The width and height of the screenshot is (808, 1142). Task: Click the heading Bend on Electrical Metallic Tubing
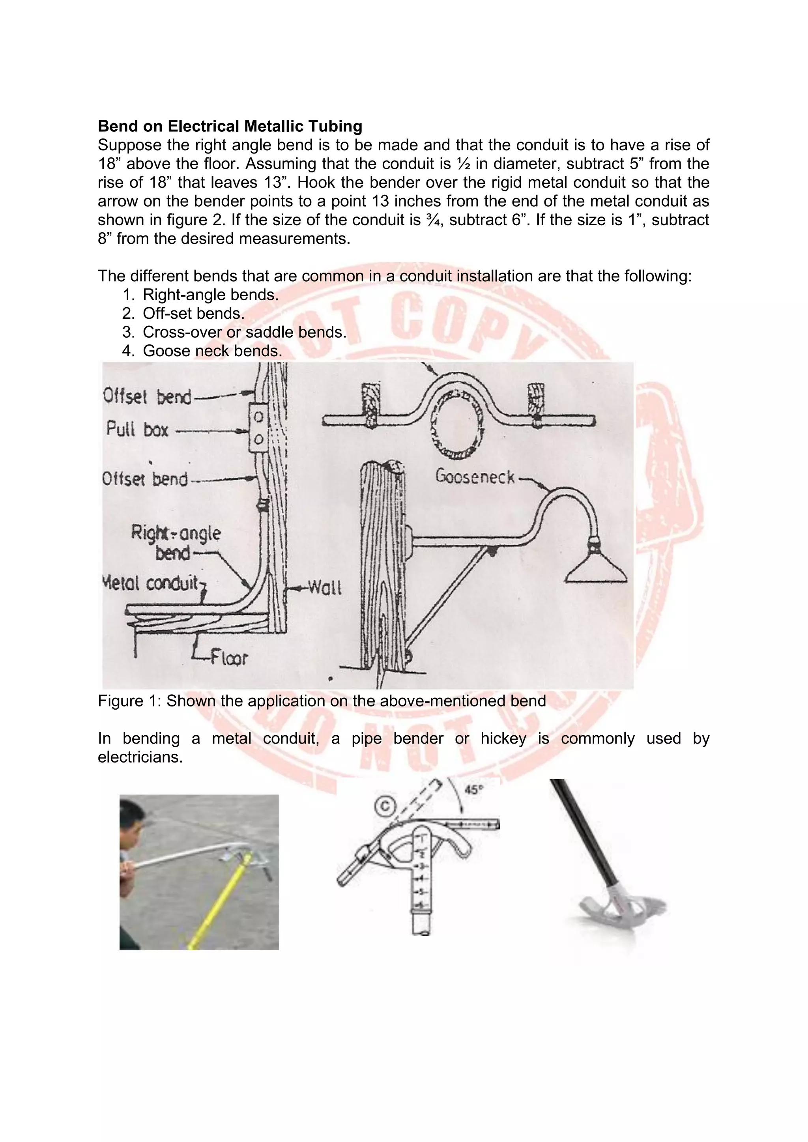[230, 126]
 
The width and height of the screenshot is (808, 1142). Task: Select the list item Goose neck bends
[212, 351]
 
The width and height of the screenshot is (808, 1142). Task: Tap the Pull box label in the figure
[137, 430]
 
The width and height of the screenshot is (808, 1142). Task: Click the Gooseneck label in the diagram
[475, 477]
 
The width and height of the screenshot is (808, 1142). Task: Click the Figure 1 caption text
[322, 701]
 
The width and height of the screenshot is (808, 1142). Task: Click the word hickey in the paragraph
[503, 738]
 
